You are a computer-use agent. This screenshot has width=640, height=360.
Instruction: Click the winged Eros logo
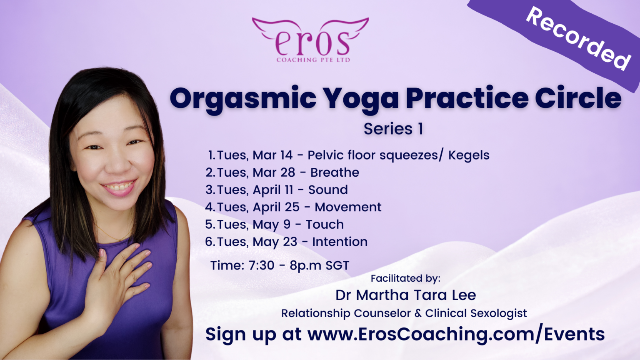(310, 40)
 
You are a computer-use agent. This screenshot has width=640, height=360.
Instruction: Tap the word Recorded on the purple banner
(579, 39)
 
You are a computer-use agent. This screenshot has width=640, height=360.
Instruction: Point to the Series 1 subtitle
(393, 129)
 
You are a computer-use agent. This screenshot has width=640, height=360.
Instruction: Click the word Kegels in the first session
(469, 155)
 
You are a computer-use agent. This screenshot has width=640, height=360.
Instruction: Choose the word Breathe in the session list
(335, 172)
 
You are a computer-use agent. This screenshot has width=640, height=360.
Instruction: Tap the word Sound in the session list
(328, 190)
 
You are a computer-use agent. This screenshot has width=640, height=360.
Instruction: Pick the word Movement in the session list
(348, 207)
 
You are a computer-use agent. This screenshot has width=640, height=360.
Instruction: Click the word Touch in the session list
(325, 225)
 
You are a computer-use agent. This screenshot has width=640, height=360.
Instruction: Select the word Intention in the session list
(340, 242)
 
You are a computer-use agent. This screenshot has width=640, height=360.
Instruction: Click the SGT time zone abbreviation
(337, 265)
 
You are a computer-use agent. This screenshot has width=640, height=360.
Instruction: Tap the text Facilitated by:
(405, 278)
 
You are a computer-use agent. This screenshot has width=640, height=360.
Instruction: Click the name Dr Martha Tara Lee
(406, 295)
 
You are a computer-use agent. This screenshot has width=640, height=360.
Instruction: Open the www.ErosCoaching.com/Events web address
(456, 334)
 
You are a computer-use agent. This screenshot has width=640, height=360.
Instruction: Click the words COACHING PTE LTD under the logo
(313, 60)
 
